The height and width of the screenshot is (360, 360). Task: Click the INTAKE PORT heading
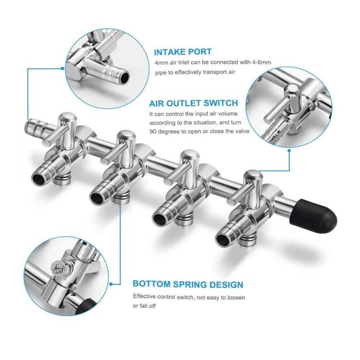tap(183, 52)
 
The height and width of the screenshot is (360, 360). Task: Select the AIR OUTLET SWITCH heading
tap(193, 103)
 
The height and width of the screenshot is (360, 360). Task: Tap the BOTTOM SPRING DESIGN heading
tap(188, 284)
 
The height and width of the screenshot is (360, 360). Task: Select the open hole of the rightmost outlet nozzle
tap(223, 239)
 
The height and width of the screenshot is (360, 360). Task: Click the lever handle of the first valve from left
tap(56, 134)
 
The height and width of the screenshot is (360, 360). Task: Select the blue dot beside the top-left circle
tap(62, 68)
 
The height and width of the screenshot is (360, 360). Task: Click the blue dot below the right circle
tap(289, 151)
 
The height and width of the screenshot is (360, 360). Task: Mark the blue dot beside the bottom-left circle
tap(111, 284)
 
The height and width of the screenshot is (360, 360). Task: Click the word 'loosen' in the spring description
tap(236, 298)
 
